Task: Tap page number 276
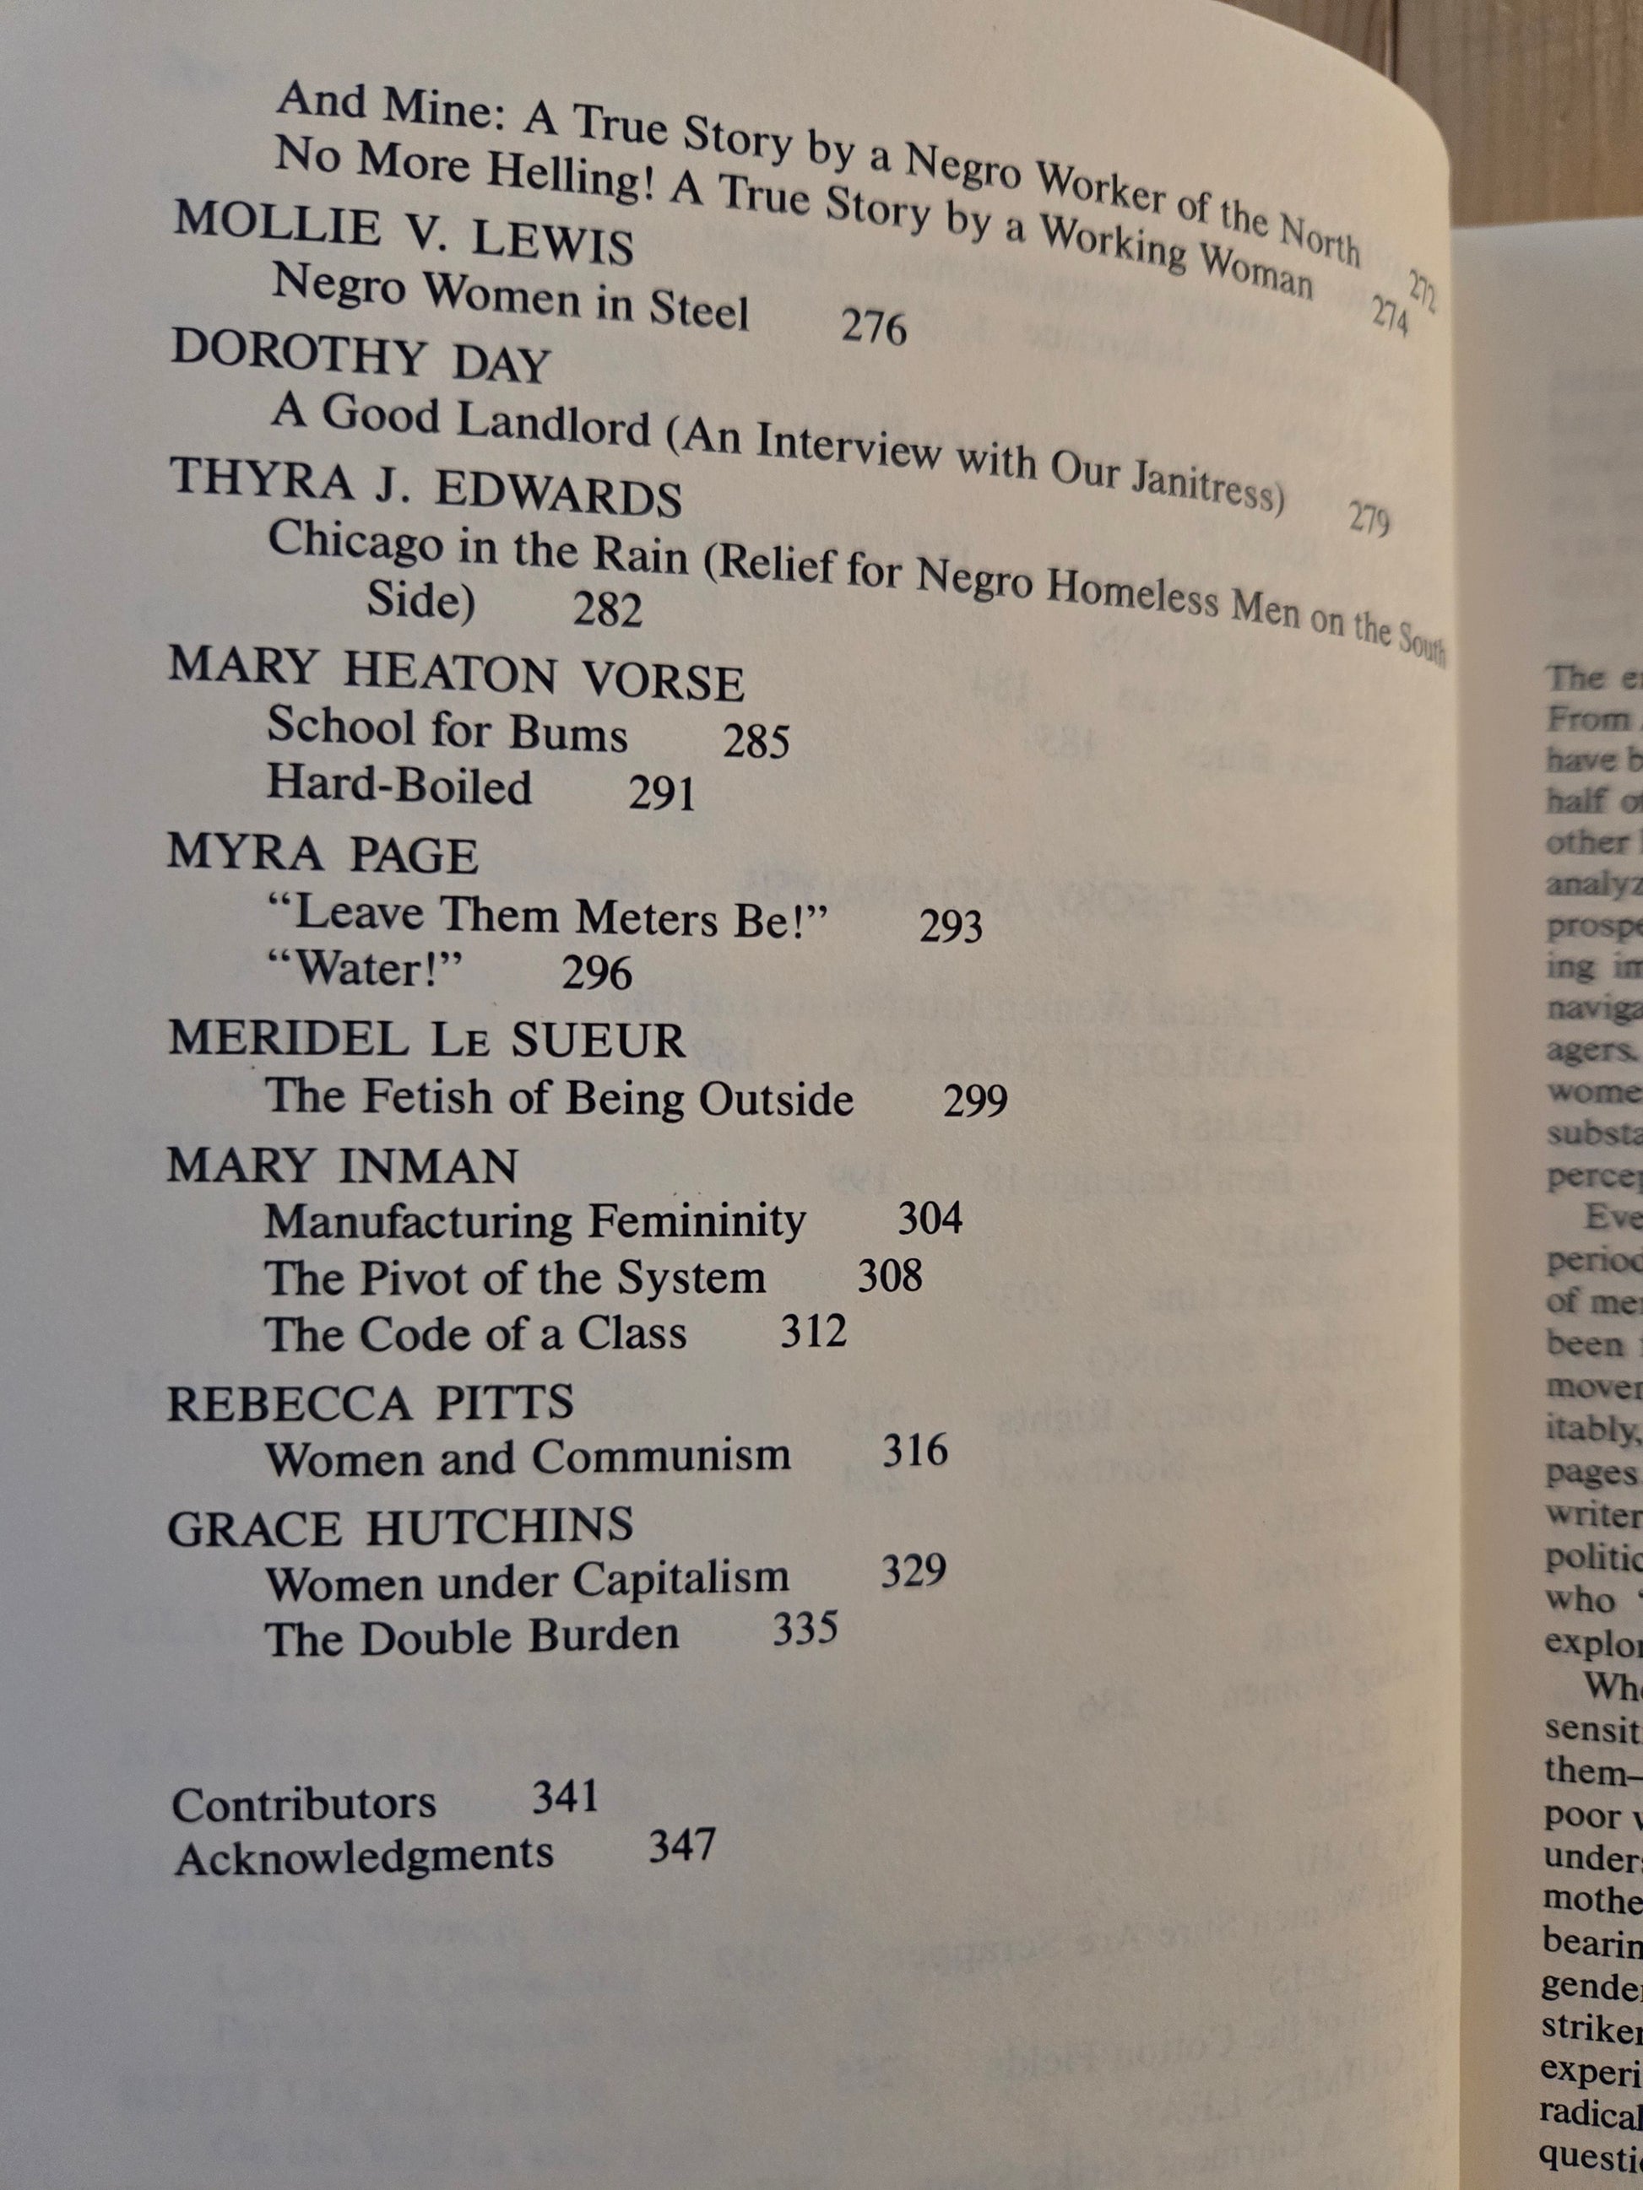[x=874, y=327]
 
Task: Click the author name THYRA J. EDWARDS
[x=426, y=488]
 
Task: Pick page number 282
[x=607, y=608]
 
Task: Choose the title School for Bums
[x=447, y=731]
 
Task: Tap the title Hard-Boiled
[x=399, y=787]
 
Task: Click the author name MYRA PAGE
[x=323, y=853]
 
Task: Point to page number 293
[x=951, y=926]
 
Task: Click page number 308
[x=889, y=1276]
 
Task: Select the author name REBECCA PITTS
[x=371, y=1403]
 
